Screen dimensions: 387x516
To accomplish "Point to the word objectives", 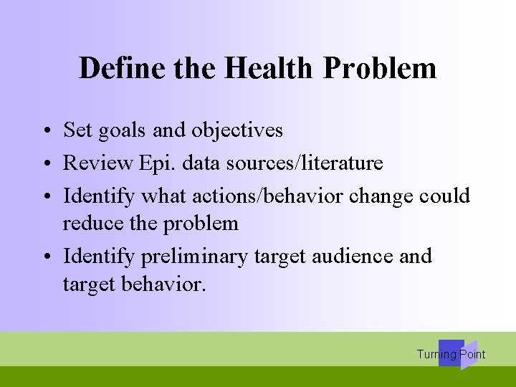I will (236, 130).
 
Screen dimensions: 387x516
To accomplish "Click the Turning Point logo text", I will (451, 354).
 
